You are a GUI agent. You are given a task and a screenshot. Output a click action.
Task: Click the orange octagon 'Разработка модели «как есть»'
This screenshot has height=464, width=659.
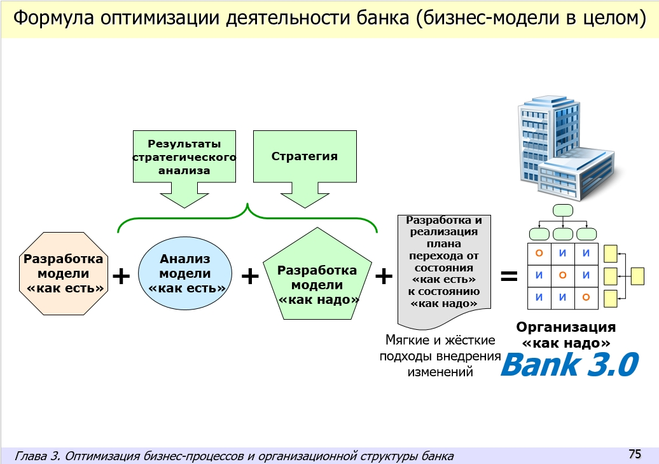[63, 274]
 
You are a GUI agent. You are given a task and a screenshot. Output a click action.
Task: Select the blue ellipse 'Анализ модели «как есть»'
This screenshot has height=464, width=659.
[184, 274]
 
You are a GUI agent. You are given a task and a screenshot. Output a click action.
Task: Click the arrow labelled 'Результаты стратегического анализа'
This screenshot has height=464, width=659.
[184, 167]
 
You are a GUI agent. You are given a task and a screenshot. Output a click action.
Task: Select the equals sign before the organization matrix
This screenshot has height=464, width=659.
[508, 276]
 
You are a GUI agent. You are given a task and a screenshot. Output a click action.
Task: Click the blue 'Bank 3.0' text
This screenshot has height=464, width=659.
[569, 365]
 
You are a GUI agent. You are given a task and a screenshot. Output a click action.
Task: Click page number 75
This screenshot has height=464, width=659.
[634, 454]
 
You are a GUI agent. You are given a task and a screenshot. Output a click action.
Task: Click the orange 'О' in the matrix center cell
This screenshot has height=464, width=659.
[562, 276]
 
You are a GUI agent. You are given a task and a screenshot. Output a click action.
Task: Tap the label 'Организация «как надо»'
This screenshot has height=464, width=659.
[565, 335]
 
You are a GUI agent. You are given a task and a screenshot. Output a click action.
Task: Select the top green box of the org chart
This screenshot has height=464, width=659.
[563, 210]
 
